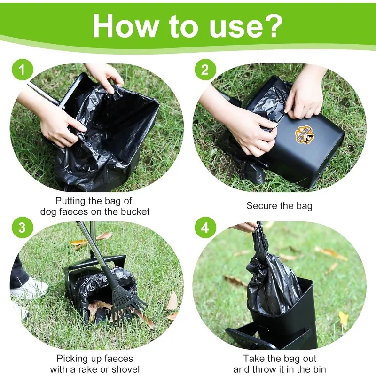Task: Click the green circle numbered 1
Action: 22,70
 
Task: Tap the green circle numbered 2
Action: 205,70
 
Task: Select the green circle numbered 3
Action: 22,227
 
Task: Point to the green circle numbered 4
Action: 205,227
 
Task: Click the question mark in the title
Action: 273,25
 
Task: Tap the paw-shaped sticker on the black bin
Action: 304,135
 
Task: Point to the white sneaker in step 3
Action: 29,289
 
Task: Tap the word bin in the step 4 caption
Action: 320,369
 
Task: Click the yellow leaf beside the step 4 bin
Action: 343,320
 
